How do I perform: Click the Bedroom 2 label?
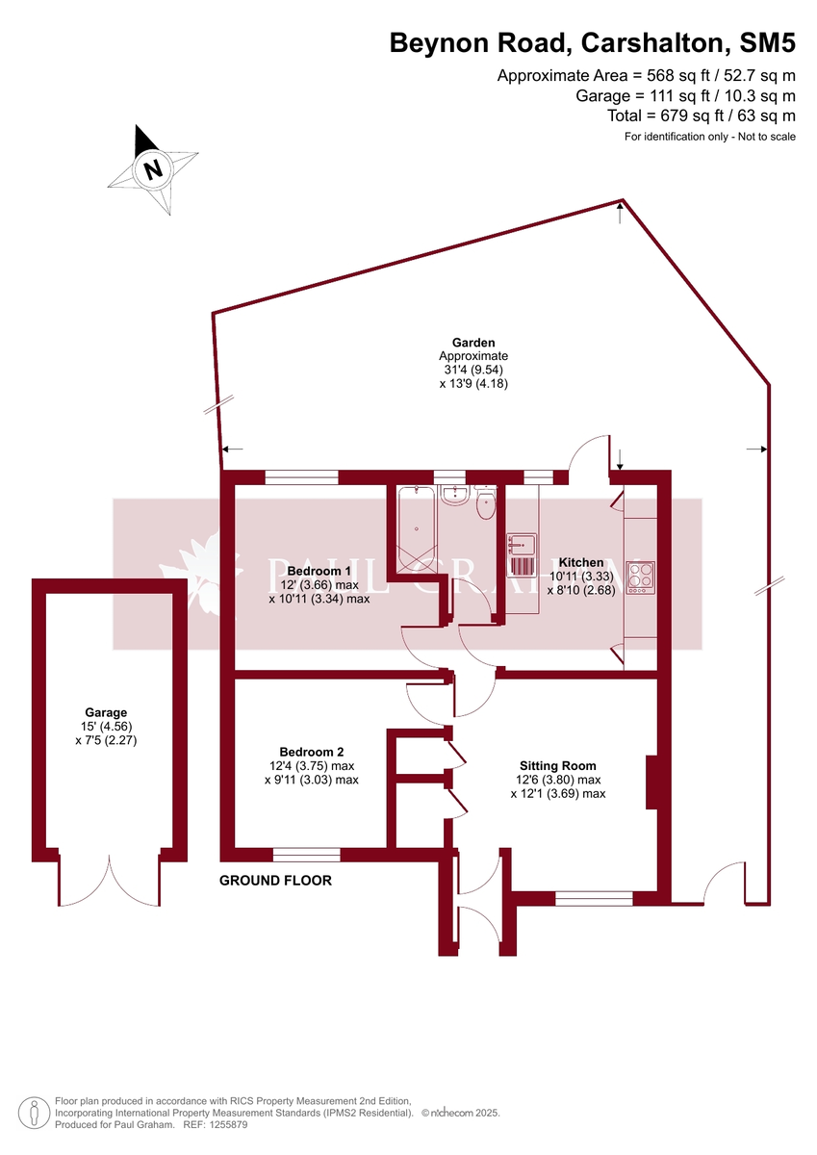(311, 752)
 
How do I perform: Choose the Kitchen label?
(581, 562)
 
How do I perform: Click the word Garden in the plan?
(473, 343)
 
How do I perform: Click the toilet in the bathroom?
(484, 502)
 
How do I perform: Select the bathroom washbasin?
(453, 496)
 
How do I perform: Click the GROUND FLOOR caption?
(275, 881)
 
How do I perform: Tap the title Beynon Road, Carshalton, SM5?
(592, 43)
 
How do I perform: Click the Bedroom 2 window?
(306, 854)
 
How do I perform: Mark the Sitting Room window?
(594, 898)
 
